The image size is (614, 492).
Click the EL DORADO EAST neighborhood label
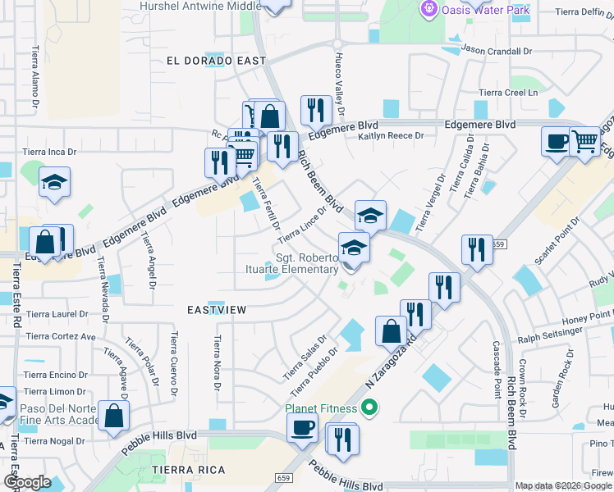(x=216, y=61)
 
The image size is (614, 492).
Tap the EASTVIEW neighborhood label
(x=217, y=310)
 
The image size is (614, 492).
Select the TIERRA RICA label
(x=183, y=469)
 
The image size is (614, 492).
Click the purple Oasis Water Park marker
(x=428, y=9)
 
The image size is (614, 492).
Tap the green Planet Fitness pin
(x=369, y=408)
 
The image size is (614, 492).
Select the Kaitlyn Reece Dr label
(x=390, y=136)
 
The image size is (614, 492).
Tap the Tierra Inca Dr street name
(x=49, y=152)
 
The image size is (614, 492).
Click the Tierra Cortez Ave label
(x=61, y=336)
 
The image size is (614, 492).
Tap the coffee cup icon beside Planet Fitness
(x=302, y=427)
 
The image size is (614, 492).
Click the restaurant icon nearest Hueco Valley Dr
(x=316, y=110)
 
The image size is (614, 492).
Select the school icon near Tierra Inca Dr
(x=54, y=182)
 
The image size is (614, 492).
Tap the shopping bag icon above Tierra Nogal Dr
(x=113, y=415)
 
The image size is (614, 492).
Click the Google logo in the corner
(x=27, y=483)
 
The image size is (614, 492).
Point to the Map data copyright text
(x=562, y=485)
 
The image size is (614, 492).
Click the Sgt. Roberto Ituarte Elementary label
(x=306, y=262)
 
